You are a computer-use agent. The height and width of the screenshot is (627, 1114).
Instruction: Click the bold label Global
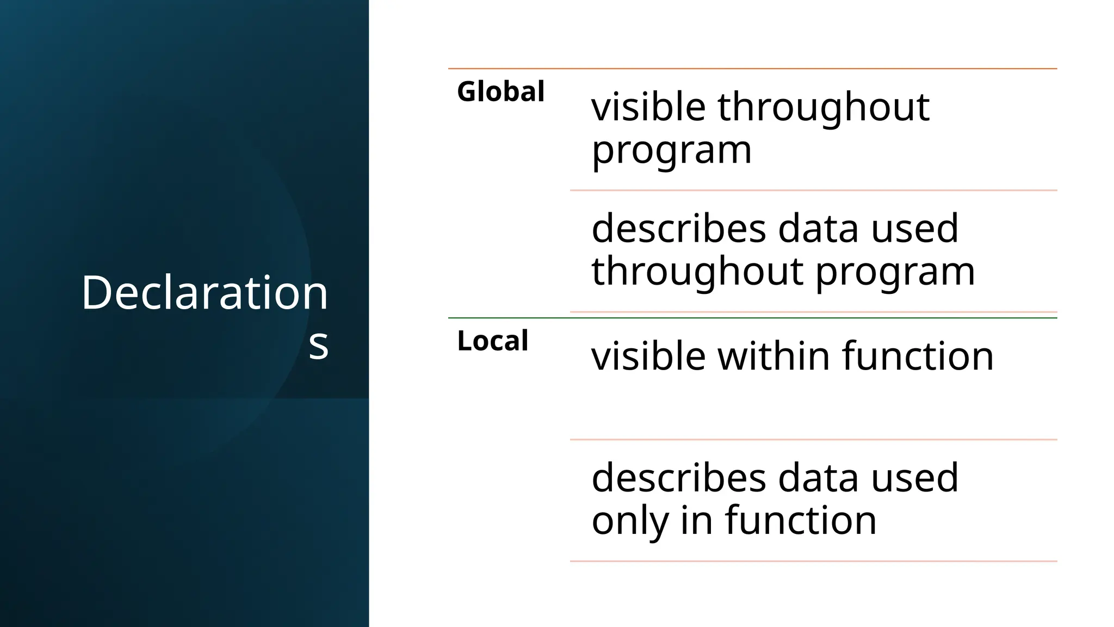(500, 91)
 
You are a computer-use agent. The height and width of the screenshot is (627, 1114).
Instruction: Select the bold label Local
(492, 341)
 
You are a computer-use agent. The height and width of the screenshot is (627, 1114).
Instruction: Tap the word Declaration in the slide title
(205, 293)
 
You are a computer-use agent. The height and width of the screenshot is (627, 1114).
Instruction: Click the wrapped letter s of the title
(318, 344)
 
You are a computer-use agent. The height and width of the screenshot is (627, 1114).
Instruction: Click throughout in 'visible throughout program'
(824, 108)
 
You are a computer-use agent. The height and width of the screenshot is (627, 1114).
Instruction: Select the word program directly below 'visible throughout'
(671, 150)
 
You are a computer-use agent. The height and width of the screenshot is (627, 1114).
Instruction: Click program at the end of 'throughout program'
(895, 272)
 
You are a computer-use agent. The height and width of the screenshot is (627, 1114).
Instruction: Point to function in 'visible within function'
(918, 356)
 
